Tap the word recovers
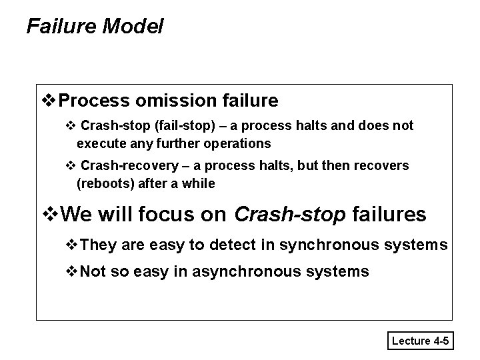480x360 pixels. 385,165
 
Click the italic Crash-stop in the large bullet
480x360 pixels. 290,215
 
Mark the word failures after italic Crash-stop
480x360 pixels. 388,215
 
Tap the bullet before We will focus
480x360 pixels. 49,215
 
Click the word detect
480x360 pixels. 231,245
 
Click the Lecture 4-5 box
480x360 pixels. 421,341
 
